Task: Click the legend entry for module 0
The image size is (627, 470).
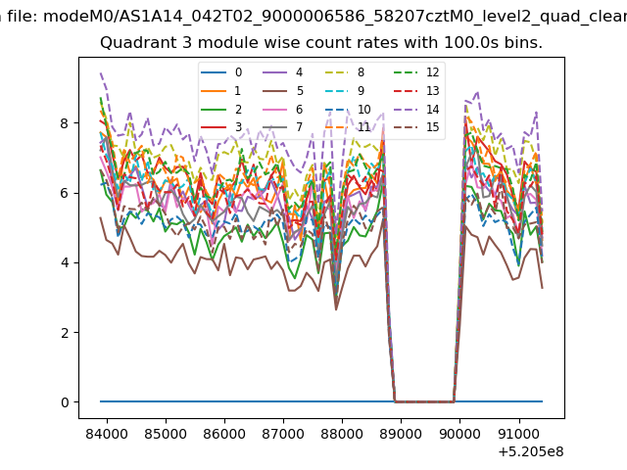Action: click(221, 72)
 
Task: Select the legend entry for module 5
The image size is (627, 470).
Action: click(283, 91)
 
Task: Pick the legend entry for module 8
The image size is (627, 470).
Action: click(344, 72)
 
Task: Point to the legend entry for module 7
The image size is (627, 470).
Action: click(283, 127)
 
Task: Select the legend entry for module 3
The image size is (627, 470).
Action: click(221, 127)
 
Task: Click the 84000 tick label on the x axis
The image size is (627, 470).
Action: click(107, 434)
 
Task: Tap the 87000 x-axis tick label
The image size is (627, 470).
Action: click(283, 434)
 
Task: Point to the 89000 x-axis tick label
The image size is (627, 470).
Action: click(401, 434)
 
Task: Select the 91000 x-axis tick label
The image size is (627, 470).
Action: click(518, 434)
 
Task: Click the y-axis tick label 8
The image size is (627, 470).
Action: click(65, 123)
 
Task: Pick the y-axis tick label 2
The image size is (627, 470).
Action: click(65, 333)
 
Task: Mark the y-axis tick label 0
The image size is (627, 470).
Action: click(65, 402)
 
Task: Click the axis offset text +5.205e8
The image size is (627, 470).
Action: click(531, 452)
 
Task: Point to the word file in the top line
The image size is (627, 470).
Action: click(23, 17)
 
